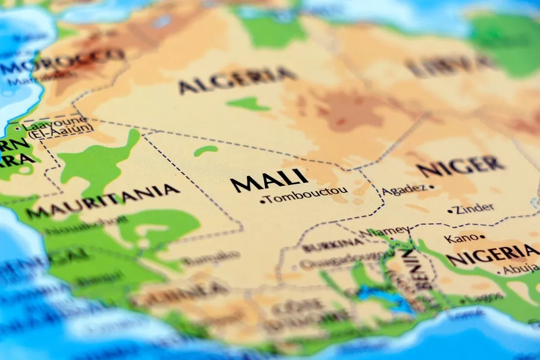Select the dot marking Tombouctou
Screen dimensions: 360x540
[x=262, y=201]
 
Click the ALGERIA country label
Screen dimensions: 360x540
[x=238, y=80]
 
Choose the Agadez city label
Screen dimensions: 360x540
[x=404, y=191]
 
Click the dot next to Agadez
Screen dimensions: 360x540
[x=431, y=188]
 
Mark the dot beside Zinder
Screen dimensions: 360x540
[x=450, y=211]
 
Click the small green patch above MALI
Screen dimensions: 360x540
[x=206, y=151]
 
